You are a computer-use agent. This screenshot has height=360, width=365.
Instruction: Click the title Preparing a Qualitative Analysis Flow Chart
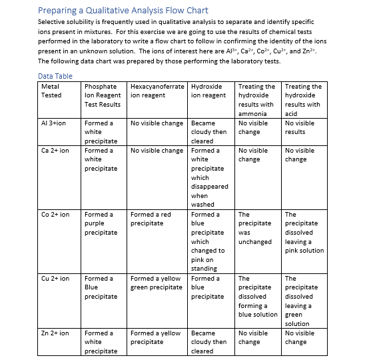tap(123, 10)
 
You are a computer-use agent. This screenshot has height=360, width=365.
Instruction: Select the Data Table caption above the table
tap(55, 76)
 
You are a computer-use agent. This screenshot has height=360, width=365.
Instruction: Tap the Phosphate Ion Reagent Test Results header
tap(103, 95)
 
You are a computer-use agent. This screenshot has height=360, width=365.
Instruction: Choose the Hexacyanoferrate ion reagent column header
tap(157, 91)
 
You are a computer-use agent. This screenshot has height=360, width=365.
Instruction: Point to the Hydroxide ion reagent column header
tap(208, 91)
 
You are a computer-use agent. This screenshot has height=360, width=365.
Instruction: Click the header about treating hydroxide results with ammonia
tap(256, 99)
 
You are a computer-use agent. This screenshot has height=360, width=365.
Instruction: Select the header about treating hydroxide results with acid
tap(303, 99)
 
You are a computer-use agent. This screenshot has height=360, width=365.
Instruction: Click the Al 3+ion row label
tap(54, 123)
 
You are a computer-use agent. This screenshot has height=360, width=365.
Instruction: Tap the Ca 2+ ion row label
tap(55, 151)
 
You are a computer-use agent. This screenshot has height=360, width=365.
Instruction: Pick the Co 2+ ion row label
tap(55, 215)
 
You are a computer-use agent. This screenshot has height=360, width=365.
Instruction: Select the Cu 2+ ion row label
tap(55, 279)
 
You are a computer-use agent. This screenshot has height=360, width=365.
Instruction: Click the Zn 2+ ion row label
tap(55, 333)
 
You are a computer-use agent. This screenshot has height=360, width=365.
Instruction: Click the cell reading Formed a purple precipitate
tap(101, 223)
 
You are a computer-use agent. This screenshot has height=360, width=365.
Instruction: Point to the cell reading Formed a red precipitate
tap(151, 219)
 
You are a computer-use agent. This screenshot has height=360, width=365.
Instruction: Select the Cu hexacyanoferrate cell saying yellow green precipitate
tap(156, 283)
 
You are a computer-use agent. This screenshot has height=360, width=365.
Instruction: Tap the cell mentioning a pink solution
tap(304, 233)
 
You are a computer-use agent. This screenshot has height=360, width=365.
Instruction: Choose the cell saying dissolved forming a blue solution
tap(256, 296)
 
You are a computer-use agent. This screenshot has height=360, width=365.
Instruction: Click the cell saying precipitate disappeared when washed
tap(209, 177)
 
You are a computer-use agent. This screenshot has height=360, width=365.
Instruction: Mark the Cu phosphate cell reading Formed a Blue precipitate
tap(101, 287)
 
